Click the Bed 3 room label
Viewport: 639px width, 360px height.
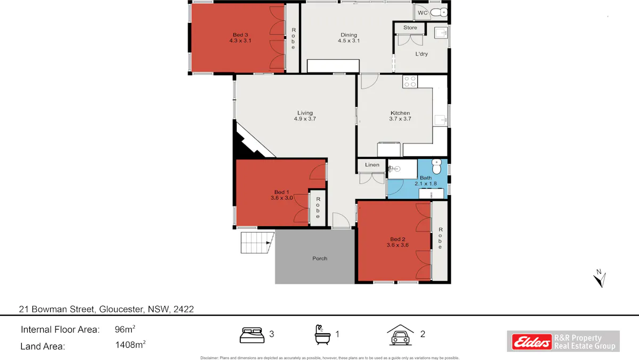click(240, 37)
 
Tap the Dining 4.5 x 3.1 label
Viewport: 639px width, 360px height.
click(349, 38)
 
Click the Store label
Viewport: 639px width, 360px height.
click(410, 28)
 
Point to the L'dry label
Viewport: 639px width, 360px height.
click(422, 54)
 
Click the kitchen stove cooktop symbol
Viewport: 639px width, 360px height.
click(410, 82)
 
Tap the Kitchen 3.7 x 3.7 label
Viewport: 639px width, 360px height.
click(400, 116)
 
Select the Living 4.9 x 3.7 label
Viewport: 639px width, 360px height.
click(305, 116)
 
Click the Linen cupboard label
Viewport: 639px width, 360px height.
click(372, 165)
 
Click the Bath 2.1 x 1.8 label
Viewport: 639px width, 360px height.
click(426, 181)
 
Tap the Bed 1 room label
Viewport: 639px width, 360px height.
click(281, 195)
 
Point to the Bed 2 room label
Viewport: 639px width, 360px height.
click(398, 242)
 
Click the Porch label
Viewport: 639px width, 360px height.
click(320, 259)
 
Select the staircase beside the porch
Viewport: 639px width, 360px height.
click(256, 243)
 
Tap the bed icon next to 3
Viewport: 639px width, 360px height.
click(252, 335)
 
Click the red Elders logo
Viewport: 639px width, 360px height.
click(532, 342)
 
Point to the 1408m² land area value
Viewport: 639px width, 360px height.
click(130, 346)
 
